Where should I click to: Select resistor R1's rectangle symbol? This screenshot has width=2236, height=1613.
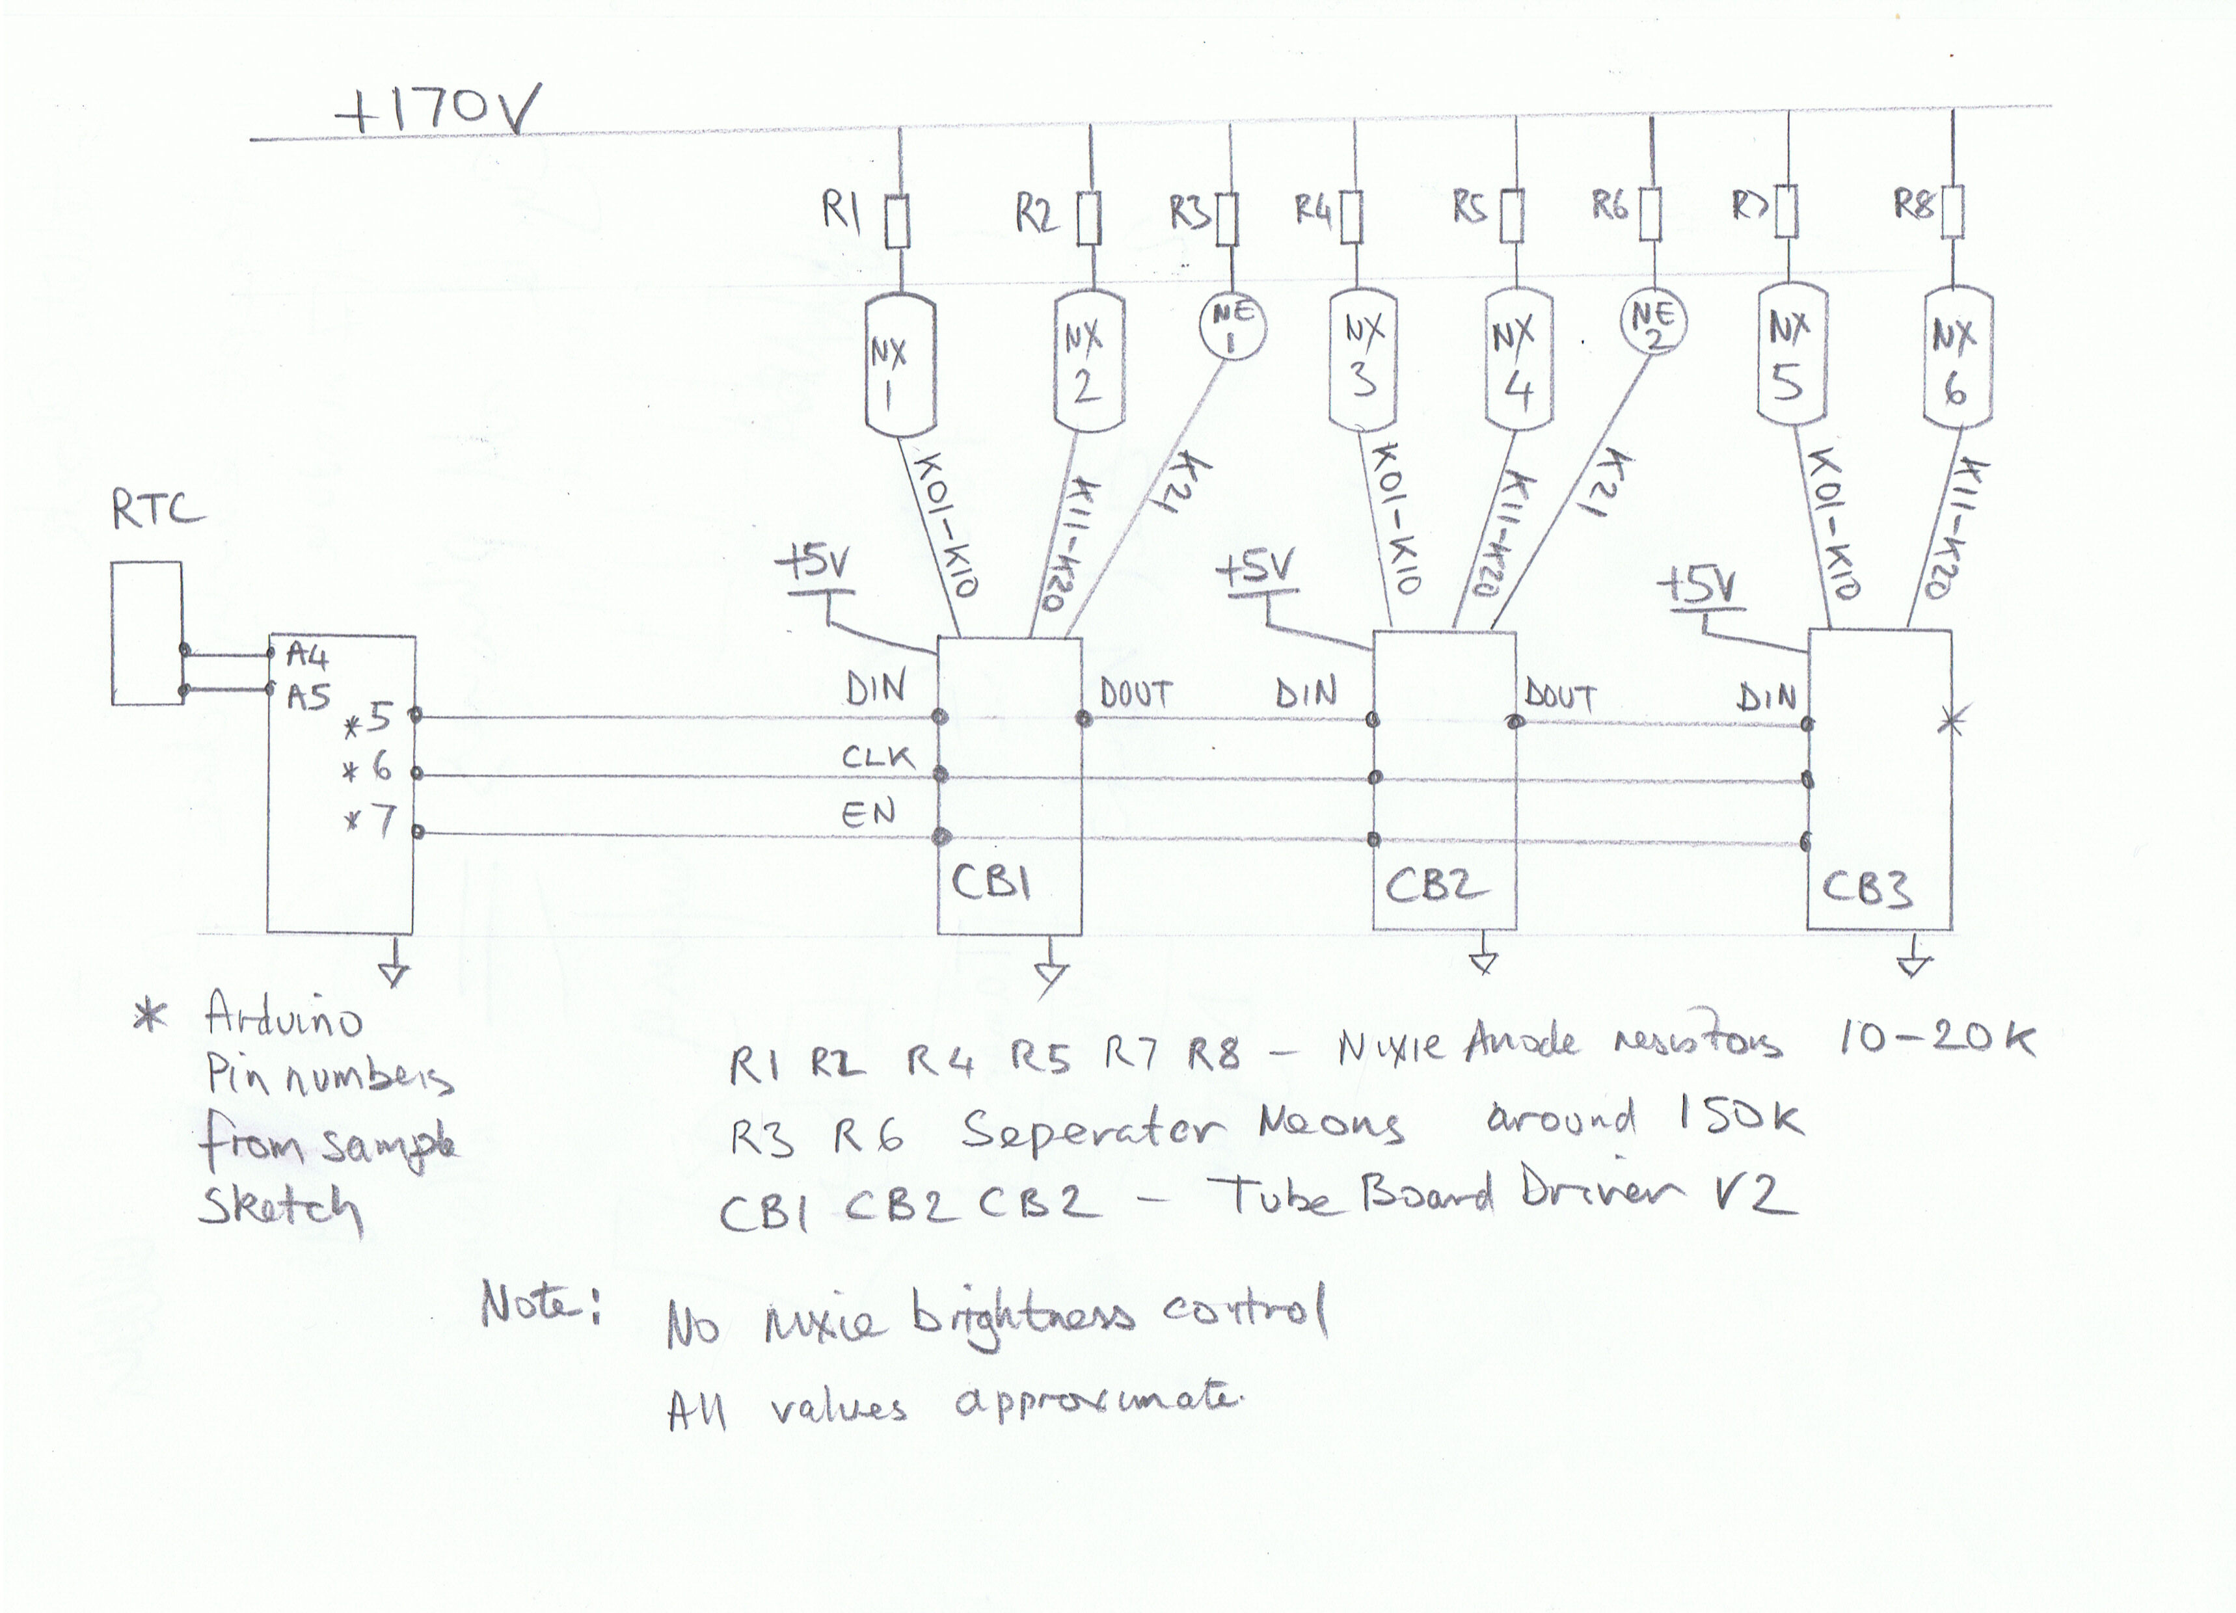tap(896, 222)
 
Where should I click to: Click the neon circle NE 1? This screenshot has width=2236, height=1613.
tap(1232, 327)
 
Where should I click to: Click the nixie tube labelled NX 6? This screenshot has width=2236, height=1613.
tap(1956, 357)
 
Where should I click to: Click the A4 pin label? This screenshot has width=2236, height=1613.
tap(306, 655)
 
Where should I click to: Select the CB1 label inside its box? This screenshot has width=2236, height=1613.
tap(991, 881)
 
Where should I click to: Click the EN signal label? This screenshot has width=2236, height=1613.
tap(868, 814)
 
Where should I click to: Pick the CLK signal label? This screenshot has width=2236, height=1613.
tap(876, 756)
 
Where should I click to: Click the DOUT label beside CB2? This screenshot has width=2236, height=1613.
tap(1559, 696)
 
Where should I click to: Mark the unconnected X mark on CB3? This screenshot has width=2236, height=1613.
tap(1950, 722)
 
